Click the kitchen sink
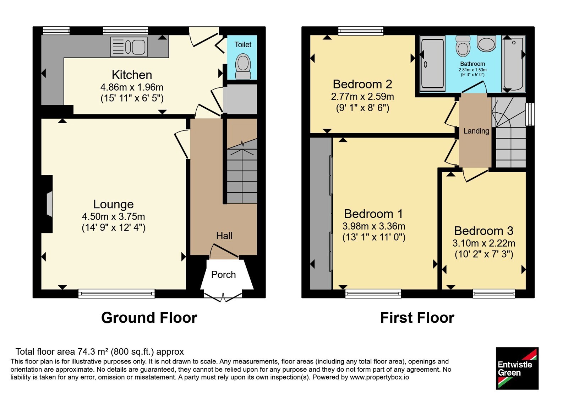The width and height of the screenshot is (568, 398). click(129, 47)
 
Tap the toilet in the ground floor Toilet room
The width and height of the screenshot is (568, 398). click(243, 66)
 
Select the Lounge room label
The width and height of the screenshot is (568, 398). click(113, 204)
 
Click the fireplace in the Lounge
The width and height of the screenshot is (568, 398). click(49, 204)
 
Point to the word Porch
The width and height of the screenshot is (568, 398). click(223, 275)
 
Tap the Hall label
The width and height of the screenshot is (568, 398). click(224, 236)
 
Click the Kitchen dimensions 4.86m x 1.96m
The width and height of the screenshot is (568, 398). click(132, 87)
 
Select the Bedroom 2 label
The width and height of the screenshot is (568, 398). click(362, 84)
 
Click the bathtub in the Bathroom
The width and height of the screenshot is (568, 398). click(513, 64)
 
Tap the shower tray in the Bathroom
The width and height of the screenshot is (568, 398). click(433, 64)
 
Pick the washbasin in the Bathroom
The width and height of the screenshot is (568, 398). click(486, 43)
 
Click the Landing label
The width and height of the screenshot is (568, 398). click(476, 131)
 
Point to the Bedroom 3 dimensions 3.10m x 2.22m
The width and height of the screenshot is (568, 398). click(484, 243)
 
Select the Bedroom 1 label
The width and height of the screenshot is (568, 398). click(373, 214)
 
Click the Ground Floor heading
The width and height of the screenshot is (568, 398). click(149, 318)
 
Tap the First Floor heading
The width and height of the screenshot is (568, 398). click(417, 318)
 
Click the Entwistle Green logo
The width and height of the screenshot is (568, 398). click(517, 368)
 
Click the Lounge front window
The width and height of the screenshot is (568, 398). click(116, 294)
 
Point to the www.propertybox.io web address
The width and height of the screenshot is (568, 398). click(379, 377)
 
